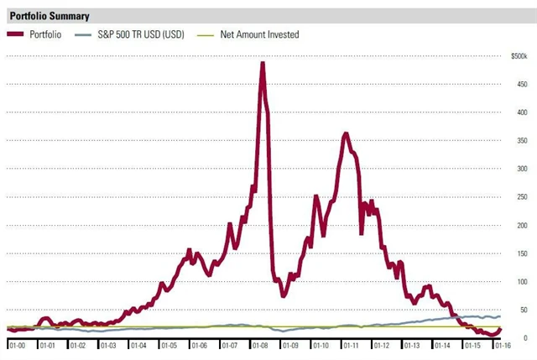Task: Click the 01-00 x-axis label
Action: [18, 345]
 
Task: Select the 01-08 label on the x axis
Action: [260, 345]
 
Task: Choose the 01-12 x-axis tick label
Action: [381, 345]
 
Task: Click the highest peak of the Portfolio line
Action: [263, 64]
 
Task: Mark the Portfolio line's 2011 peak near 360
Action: [345, 134]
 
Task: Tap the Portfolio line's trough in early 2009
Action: [284, 295]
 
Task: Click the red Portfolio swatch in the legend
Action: [16, 34]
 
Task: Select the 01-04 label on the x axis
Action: [138, 345]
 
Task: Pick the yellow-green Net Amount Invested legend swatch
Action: [205, 34]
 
